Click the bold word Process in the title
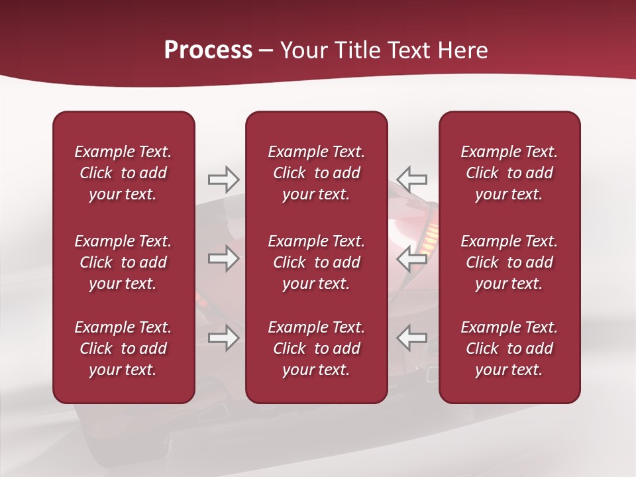(208, 50)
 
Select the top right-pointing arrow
(223, 180)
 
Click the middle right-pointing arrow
(223, 258)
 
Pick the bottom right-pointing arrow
(223, 338)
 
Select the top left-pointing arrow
(412, 180)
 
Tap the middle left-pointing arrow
(412, 258)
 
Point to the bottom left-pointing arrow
(412, 338)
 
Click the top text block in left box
(123, 173)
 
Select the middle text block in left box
(123, 262)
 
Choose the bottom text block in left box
(123, 348)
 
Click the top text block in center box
(316, 173)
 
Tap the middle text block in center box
(316, 262)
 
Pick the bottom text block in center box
(316, 348)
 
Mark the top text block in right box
(509, 173)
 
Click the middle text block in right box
(509, 262)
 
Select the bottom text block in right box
(509, 348)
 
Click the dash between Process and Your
(266, 51)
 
